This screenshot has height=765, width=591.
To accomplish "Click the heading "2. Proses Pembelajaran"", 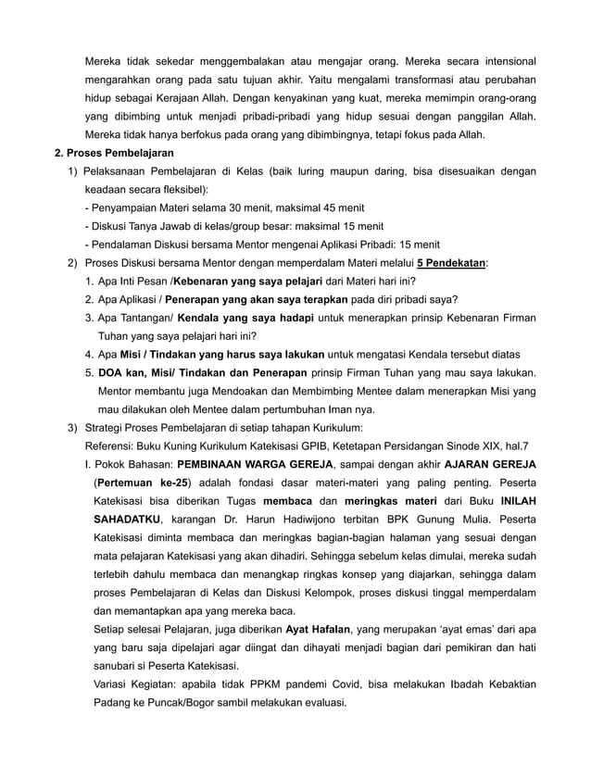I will pyautogui.click(x=114, y=153).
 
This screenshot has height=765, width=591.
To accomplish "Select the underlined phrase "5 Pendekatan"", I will pyautogui.click(x=452, y=263).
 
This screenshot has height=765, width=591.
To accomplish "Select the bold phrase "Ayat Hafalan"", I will pyautogui.click(x=318, y=629).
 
